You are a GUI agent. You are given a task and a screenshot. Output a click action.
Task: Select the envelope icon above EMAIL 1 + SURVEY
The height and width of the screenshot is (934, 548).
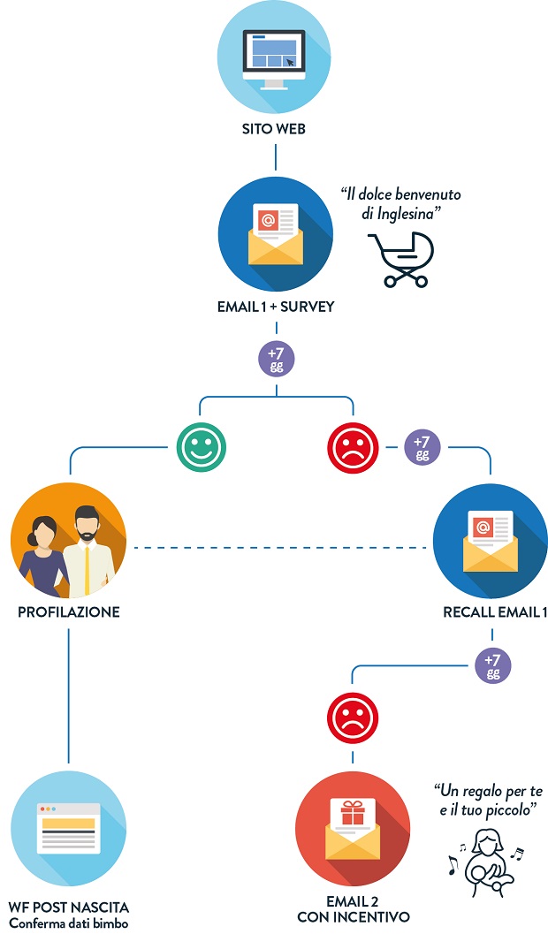pyautogui.click(x=275, y=235)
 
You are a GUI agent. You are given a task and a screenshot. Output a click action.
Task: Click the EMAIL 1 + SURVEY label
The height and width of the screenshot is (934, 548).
pyautogui.click(x=275, y=308)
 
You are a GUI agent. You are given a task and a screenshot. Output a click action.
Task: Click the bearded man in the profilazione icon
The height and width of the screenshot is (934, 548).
pyautogui.click(x=88, y=548)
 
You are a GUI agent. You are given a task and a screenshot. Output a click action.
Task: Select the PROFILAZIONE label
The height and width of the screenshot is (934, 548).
pyautogui.click(x=68, y=611)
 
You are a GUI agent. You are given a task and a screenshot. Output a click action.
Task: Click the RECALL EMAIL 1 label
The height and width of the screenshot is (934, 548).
pyautogui.click(x=490, y=611)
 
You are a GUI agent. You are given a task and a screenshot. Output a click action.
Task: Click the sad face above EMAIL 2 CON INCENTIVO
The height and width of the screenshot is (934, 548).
pyautogui.click(x=351, y=718)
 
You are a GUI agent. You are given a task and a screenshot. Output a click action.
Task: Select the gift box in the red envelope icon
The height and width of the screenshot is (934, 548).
pyautogui.click(x=352, y=810)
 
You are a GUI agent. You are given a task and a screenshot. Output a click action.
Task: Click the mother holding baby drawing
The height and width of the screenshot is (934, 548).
pyautogui.click(x=484, y=852)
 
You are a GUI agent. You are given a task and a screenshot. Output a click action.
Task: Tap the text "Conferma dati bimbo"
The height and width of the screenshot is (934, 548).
pyautogui.click(x=68, y=923)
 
